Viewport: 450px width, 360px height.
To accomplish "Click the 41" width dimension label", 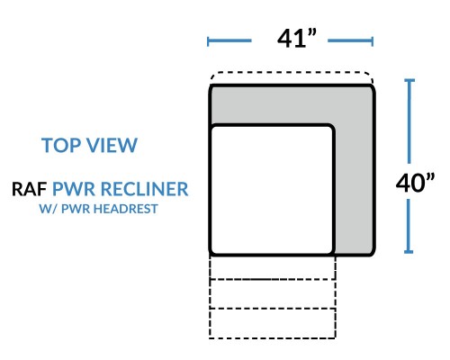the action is click(297, 39).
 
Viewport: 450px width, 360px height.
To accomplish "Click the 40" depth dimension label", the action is click(415, 183).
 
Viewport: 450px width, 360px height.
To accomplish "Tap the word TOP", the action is click(62, 145).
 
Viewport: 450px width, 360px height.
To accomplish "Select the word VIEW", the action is click(112, 145).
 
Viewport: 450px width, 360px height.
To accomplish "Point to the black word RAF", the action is click(29, 189).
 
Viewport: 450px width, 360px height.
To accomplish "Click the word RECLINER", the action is click(144, 189).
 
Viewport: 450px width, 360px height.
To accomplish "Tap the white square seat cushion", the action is click(272, 190).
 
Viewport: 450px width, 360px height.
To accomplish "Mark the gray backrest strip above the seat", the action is click(292, 105).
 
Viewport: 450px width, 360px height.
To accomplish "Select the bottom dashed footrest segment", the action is click(273, 323).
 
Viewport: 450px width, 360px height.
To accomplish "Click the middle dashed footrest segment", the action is click(273, 294).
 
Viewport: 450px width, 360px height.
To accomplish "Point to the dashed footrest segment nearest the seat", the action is click(273, 267).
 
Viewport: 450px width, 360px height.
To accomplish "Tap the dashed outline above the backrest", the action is click(292, 72).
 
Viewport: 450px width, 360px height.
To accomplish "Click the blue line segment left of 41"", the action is click(229, 40).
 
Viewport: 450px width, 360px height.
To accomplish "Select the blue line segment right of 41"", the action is click(351, 40).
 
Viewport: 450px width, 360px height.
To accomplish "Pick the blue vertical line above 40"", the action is click(409, 121).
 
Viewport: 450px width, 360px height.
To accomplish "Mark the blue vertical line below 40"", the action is click(409, 226).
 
